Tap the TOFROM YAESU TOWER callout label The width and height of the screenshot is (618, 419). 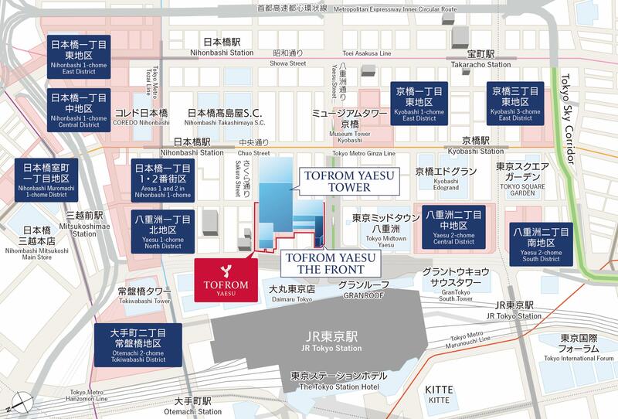[x=341, y=182]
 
